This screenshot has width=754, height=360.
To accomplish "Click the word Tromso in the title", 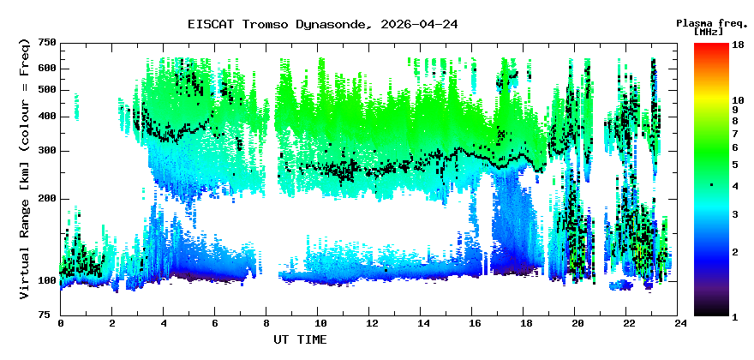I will coord(264,25).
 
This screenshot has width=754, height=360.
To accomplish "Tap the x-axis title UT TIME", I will coord(299,339).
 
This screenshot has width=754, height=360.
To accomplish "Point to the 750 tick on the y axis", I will coord(46,43).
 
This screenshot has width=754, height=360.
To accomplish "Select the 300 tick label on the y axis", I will coord(46,151).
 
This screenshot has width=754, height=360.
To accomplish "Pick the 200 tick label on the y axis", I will coord(46,199).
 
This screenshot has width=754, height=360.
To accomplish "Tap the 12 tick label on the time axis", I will coord(370,324).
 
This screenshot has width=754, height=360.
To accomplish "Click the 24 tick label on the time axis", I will coord(679,324).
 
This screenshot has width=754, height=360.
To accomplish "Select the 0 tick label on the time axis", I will coord(61,324).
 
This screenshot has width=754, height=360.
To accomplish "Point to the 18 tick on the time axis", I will coord(525,324).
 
